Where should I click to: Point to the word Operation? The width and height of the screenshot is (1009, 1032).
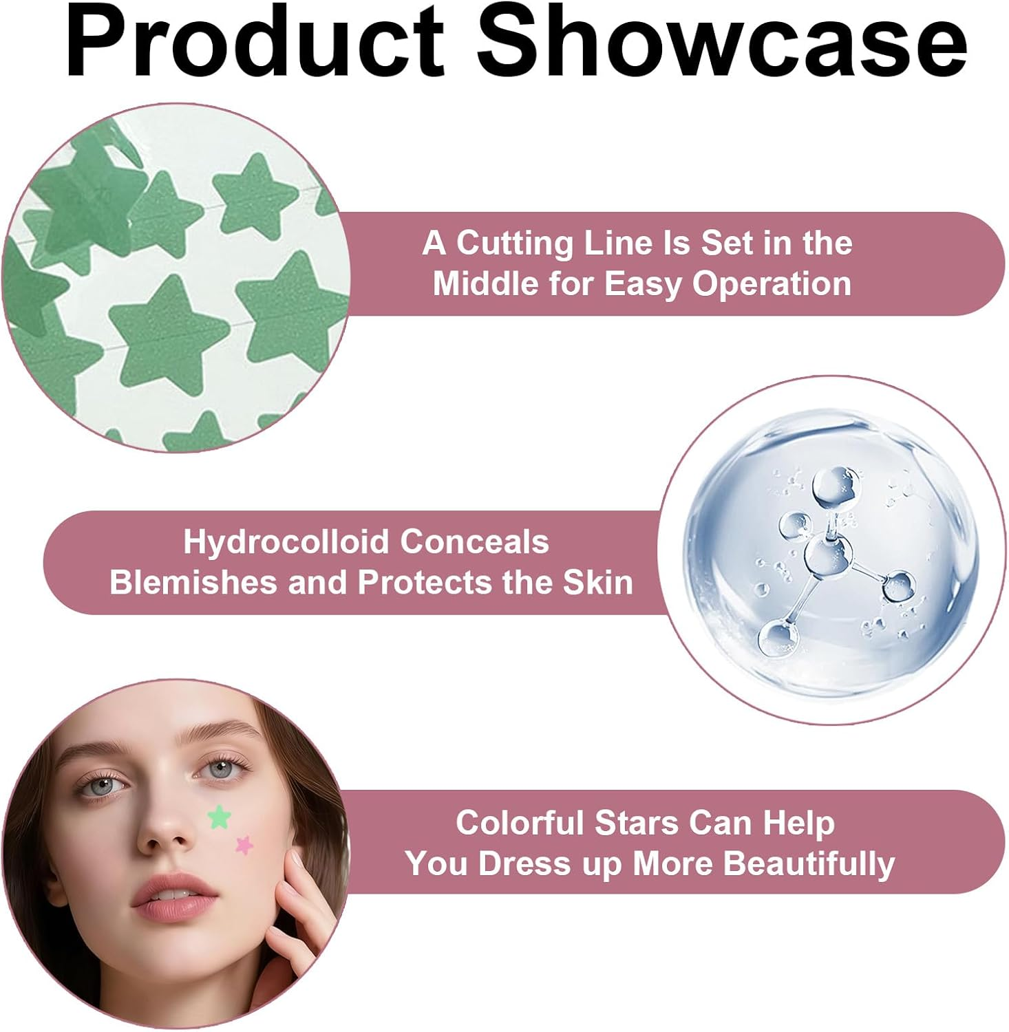click(x=772, y=285)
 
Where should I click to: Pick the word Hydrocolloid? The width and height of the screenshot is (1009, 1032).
click(x=288, y=542)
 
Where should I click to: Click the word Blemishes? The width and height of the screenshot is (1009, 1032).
click(x=193, y=583)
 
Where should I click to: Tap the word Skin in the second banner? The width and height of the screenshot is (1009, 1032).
click(x=598, y=583)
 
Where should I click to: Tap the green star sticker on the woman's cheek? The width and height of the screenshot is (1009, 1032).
click(x=219, y=817)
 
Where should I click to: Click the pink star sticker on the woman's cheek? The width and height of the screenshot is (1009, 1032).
click(x=244, y=844)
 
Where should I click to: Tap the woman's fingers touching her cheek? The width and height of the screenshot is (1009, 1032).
click(x=293, y=888)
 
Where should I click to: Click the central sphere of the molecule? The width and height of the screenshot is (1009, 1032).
click(x=827, y=555)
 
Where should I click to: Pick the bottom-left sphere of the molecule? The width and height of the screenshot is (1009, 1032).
click(x=778, y=637)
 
